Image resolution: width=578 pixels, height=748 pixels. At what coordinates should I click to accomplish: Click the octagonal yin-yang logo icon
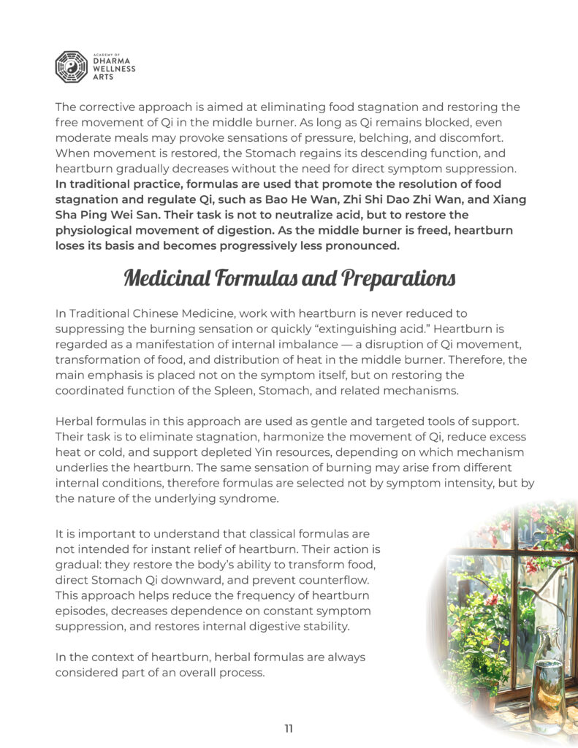pyautogui.click(x=71, y=66)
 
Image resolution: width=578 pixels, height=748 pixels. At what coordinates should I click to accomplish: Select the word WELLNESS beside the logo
pyautogui.click(x=113, y=69)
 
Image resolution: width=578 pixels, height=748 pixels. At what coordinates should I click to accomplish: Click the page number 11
pyautogui.click(x=289, y=728)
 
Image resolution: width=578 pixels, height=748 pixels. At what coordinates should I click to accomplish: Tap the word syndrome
pyautogui.click(x=256, y=499)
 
